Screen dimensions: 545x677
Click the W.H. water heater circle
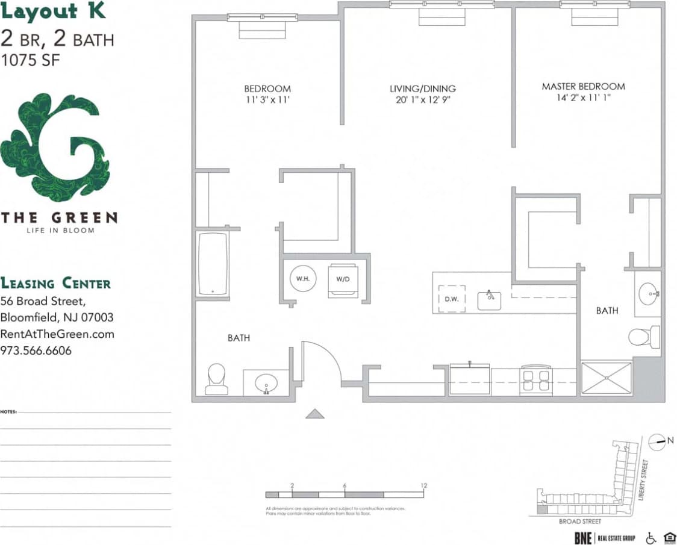pos(302,279)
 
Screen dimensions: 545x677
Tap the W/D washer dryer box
pos(343,279)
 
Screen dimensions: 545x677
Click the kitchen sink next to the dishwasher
pos(490,299)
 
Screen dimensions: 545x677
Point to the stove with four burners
pos(535,380)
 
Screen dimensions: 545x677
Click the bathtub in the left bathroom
pos(213,263)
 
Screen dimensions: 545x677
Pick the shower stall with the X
pos(607,378)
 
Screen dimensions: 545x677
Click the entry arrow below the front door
pos(315,413)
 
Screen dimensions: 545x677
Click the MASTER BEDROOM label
pos(583,87)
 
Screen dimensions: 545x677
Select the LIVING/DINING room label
pos(422,89)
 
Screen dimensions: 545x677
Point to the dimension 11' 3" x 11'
pos(267,100)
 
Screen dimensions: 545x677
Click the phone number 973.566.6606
pos(36,350)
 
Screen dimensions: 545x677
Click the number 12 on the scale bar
pos(423,485)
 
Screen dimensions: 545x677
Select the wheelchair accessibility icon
pos(650,537)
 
